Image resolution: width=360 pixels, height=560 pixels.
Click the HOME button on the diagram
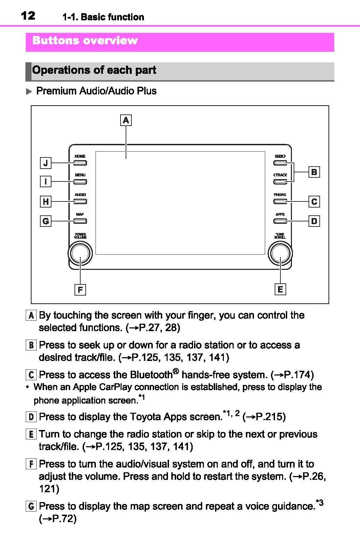[80, 163]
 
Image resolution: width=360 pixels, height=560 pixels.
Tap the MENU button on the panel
[80, 182]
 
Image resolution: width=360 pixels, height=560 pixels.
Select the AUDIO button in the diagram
[80, 201]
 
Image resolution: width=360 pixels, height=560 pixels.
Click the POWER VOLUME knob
[80, 254]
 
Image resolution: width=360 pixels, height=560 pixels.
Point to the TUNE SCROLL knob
[280, 254]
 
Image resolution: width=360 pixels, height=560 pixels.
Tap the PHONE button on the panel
[280, 201]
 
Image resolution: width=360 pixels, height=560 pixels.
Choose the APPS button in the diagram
[280, 221]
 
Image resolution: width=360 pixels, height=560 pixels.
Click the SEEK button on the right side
[280, 163]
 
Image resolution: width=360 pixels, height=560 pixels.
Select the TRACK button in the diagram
[280, 182]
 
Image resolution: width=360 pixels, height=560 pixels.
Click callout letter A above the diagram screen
[126, 120]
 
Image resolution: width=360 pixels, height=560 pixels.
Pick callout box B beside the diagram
[314, 172]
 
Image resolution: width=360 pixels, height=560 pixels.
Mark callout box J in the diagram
[46, 163]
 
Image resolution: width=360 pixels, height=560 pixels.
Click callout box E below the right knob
[280, 289]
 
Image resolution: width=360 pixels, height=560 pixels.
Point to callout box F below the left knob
[80, 290]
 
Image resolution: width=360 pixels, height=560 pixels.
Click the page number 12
[28, 16]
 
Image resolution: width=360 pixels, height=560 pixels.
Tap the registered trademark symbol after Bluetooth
[175, 371]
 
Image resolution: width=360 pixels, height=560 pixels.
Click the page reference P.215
[270, 417]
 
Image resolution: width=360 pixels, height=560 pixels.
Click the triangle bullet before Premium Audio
[29, 91]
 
